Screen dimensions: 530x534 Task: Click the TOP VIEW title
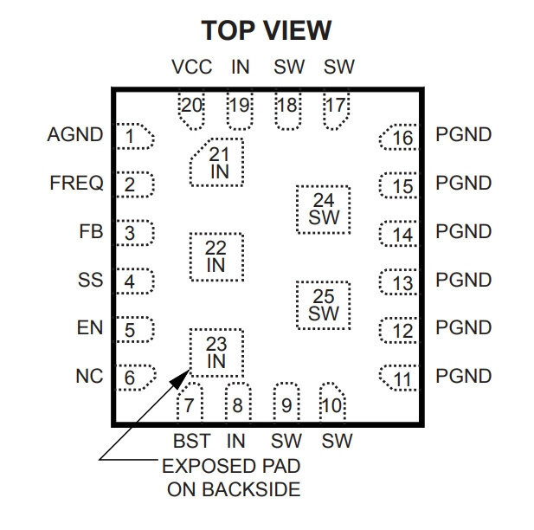click(267, 30)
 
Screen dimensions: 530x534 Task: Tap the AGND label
click(75, 135)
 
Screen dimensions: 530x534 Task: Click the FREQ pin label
click(76, 184)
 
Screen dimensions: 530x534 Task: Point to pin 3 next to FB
click(135, 232)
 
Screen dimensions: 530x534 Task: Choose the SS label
click(90, 281)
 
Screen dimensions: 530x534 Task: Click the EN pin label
click(89, 329)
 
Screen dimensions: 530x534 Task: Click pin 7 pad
click(190, 403)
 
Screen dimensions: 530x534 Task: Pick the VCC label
click(191, 68)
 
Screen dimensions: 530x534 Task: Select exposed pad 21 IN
click(216, 162)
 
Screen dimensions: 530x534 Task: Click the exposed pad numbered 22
click(216, 256)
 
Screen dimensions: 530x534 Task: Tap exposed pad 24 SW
click(324, 209)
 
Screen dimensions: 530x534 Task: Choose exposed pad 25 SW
click(324, 305)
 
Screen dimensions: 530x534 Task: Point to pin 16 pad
click(399, 138)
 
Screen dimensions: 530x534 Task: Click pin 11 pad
click(399, 378)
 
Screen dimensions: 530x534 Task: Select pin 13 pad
click(399, 281)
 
